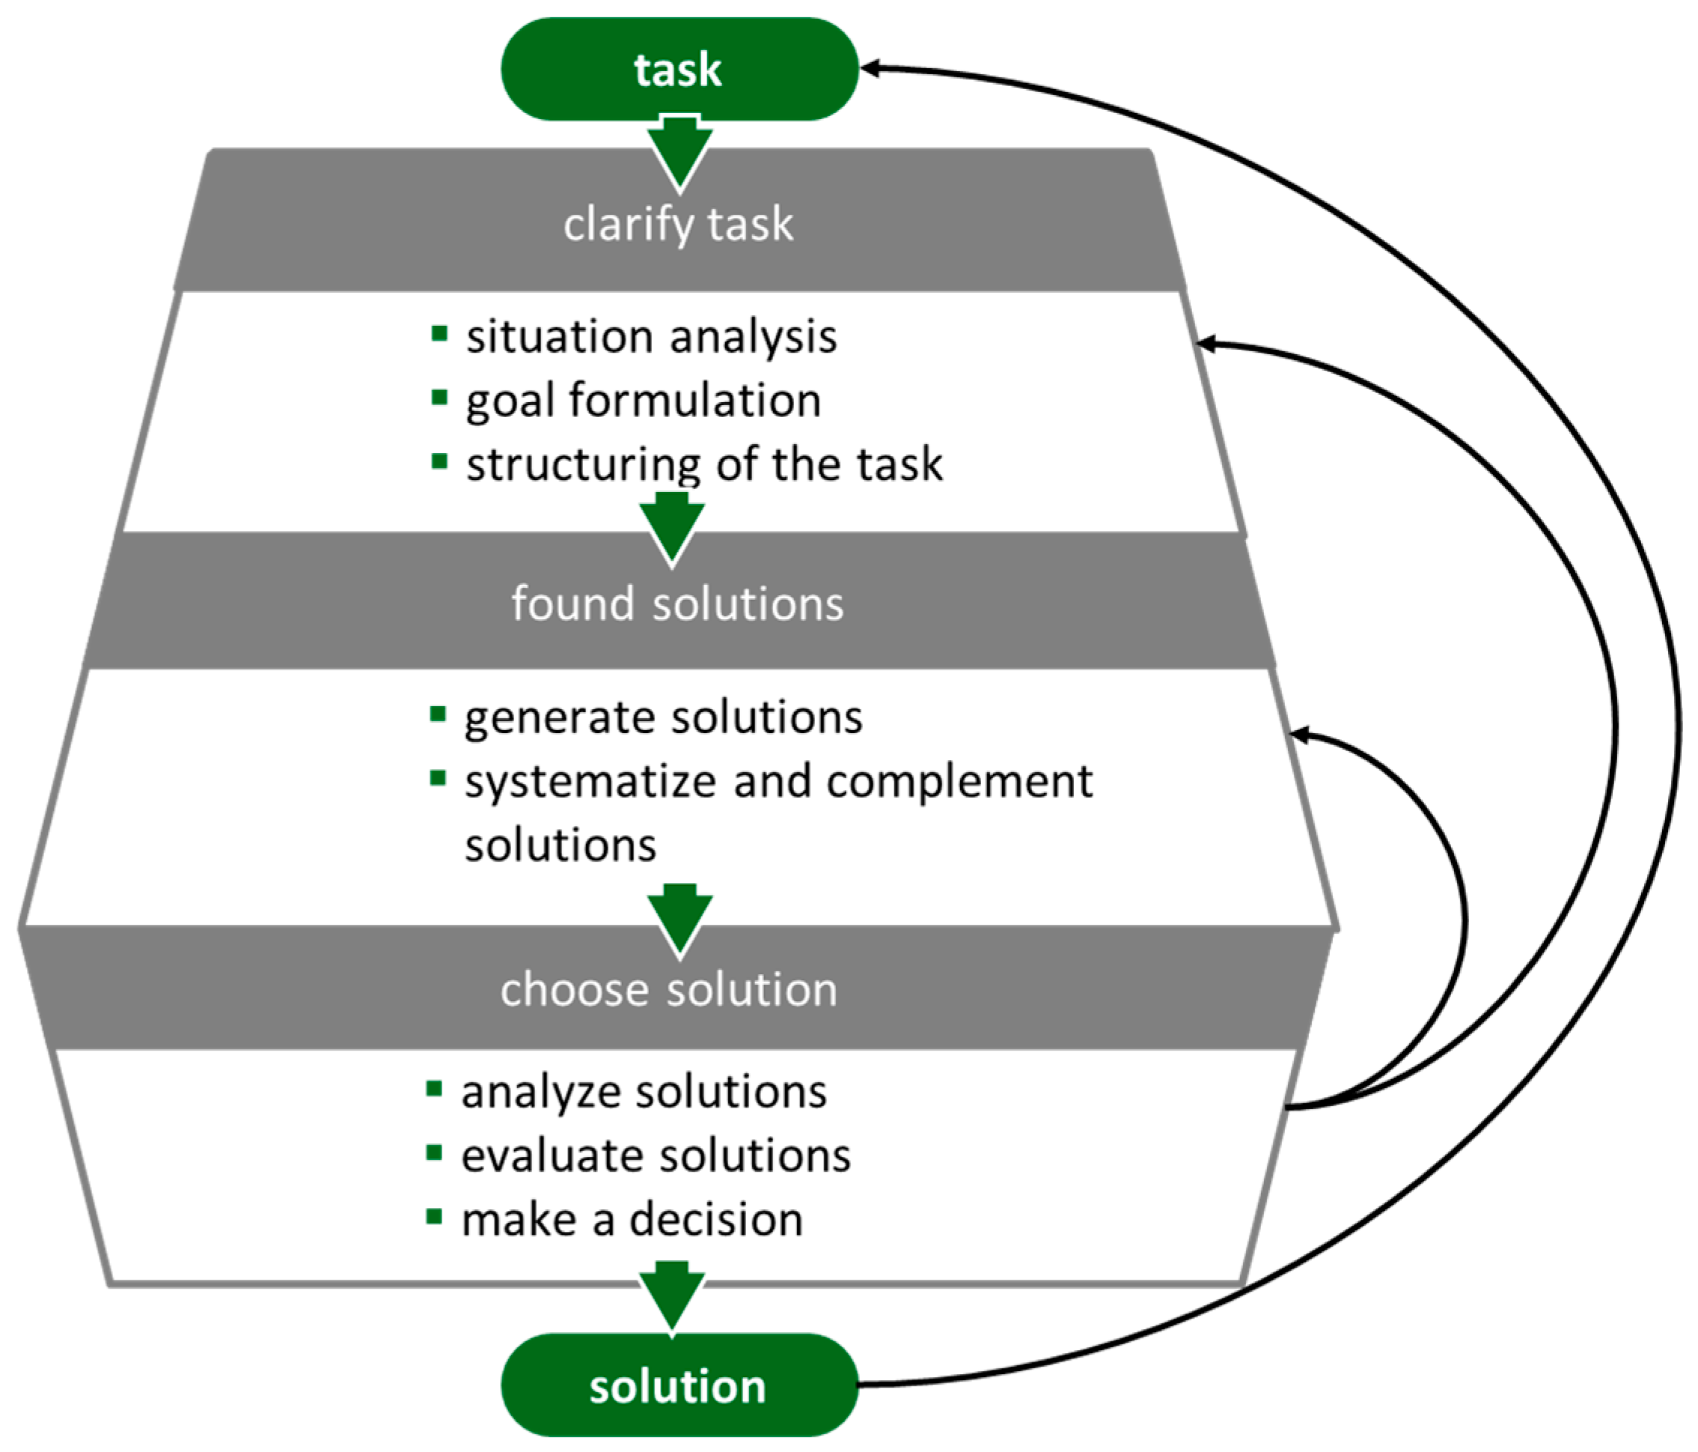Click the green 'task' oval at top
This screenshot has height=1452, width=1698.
tap(679, 70)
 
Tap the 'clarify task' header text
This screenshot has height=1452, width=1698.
tap(678, 224)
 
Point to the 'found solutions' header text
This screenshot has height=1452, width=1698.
tap(677, 604)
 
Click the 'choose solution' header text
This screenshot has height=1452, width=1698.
tap(669, 989)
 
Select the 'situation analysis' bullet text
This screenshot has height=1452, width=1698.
tap(652, 337)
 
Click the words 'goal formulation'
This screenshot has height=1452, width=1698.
tap(644, 401)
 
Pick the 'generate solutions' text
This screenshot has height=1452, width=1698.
tap(663, 717)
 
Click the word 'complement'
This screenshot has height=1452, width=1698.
tap(959, 781)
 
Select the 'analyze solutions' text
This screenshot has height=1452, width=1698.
tap(644, 1092)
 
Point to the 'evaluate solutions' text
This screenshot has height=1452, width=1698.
tap(656, 1156)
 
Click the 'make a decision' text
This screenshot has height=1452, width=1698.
tap(632, 1220)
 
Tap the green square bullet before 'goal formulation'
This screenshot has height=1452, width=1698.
tap(439, 398)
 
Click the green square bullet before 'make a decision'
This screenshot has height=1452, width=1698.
tap(434, 1217)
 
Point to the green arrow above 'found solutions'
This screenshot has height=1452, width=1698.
tap(672, 529)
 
